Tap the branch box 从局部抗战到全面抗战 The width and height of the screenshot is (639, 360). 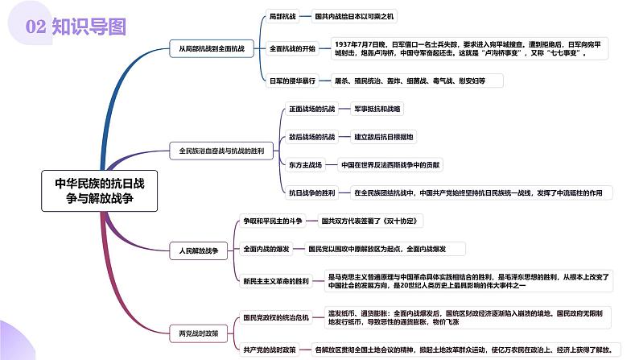[211, 48]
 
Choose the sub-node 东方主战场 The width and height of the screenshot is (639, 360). [305, 165]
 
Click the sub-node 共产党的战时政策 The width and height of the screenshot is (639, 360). [270, 349]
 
